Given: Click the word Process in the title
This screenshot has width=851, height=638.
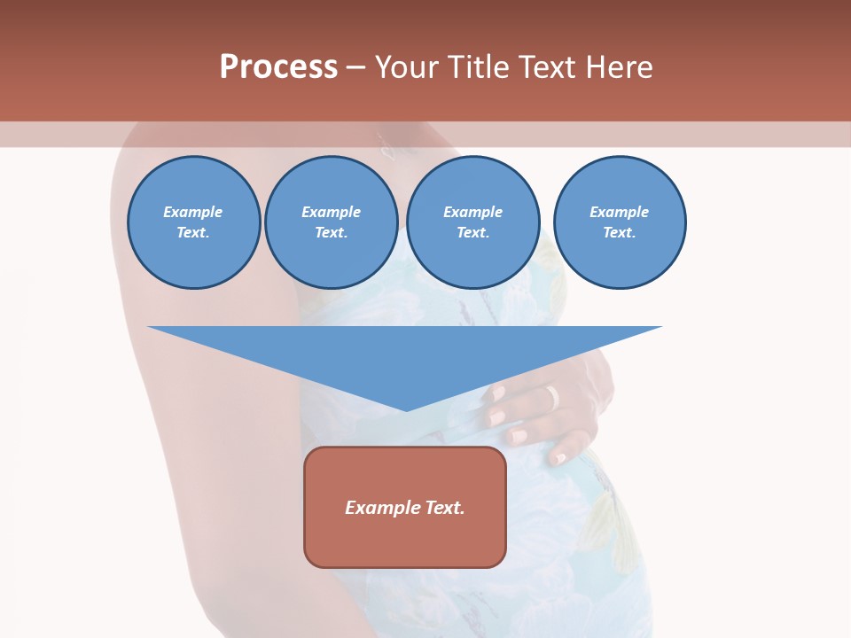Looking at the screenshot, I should [278, 67].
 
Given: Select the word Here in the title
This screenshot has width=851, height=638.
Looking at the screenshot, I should [617, 67].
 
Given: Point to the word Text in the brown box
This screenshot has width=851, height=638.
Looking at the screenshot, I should [446, 508].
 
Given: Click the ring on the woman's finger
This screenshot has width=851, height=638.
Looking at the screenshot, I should [553, 397].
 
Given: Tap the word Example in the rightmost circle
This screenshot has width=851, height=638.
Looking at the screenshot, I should [619, 212].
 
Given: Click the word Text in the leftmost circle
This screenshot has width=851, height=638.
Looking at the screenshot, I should [192, 233].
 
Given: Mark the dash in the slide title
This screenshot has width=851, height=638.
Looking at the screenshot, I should [355, 67].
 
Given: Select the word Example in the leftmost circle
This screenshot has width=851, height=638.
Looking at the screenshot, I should [193, 212].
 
